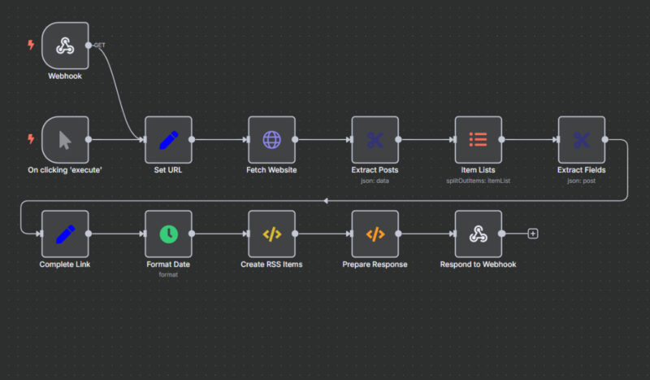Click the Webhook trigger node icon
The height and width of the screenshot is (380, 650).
(x=65, y=46)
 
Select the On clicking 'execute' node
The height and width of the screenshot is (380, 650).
(x=65, y=139)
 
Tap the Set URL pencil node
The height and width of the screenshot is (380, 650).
(x=168, y=139)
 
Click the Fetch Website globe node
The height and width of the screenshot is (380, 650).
(x=271, y=139)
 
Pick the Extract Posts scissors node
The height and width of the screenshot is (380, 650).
(x=375, y=139)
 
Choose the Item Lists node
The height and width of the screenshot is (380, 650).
(x=478, y=139)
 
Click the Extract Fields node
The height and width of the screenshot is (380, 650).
(x=581, y=139)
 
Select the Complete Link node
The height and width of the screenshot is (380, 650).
(x=65, y=234)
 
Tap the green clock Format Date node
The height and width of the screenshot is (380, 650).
(x=168, y=234)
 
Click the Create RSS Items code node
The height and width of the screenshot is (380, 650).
(x=271, y=234)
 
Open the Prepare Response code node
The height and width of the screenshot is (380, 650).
(x=375, y=234)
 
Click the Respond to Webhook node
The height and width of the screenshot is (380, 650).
(x=478, y=234)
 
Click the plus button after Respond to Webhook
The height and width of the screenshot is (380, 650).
(x=533, y=234)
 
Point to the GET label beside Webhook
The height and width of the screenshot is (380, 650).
(x=100, y=46)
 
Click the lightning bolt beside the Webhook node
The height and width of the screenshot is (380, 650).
(x=32, y=46)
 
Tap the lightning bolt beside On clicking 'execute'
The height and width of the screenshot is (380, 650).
(x=32, y=139)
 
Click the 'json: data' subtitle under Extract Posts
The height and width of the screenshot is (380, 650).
(x=375, y=181)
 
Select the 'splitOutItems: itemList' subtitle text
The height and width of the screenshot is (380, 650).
(x=478, y=181)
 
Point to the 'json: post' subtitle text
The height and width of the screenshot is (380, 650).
(x=581, y=181)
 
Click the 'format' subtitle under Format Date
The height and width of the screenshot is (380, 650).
(x=168, y=274)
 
